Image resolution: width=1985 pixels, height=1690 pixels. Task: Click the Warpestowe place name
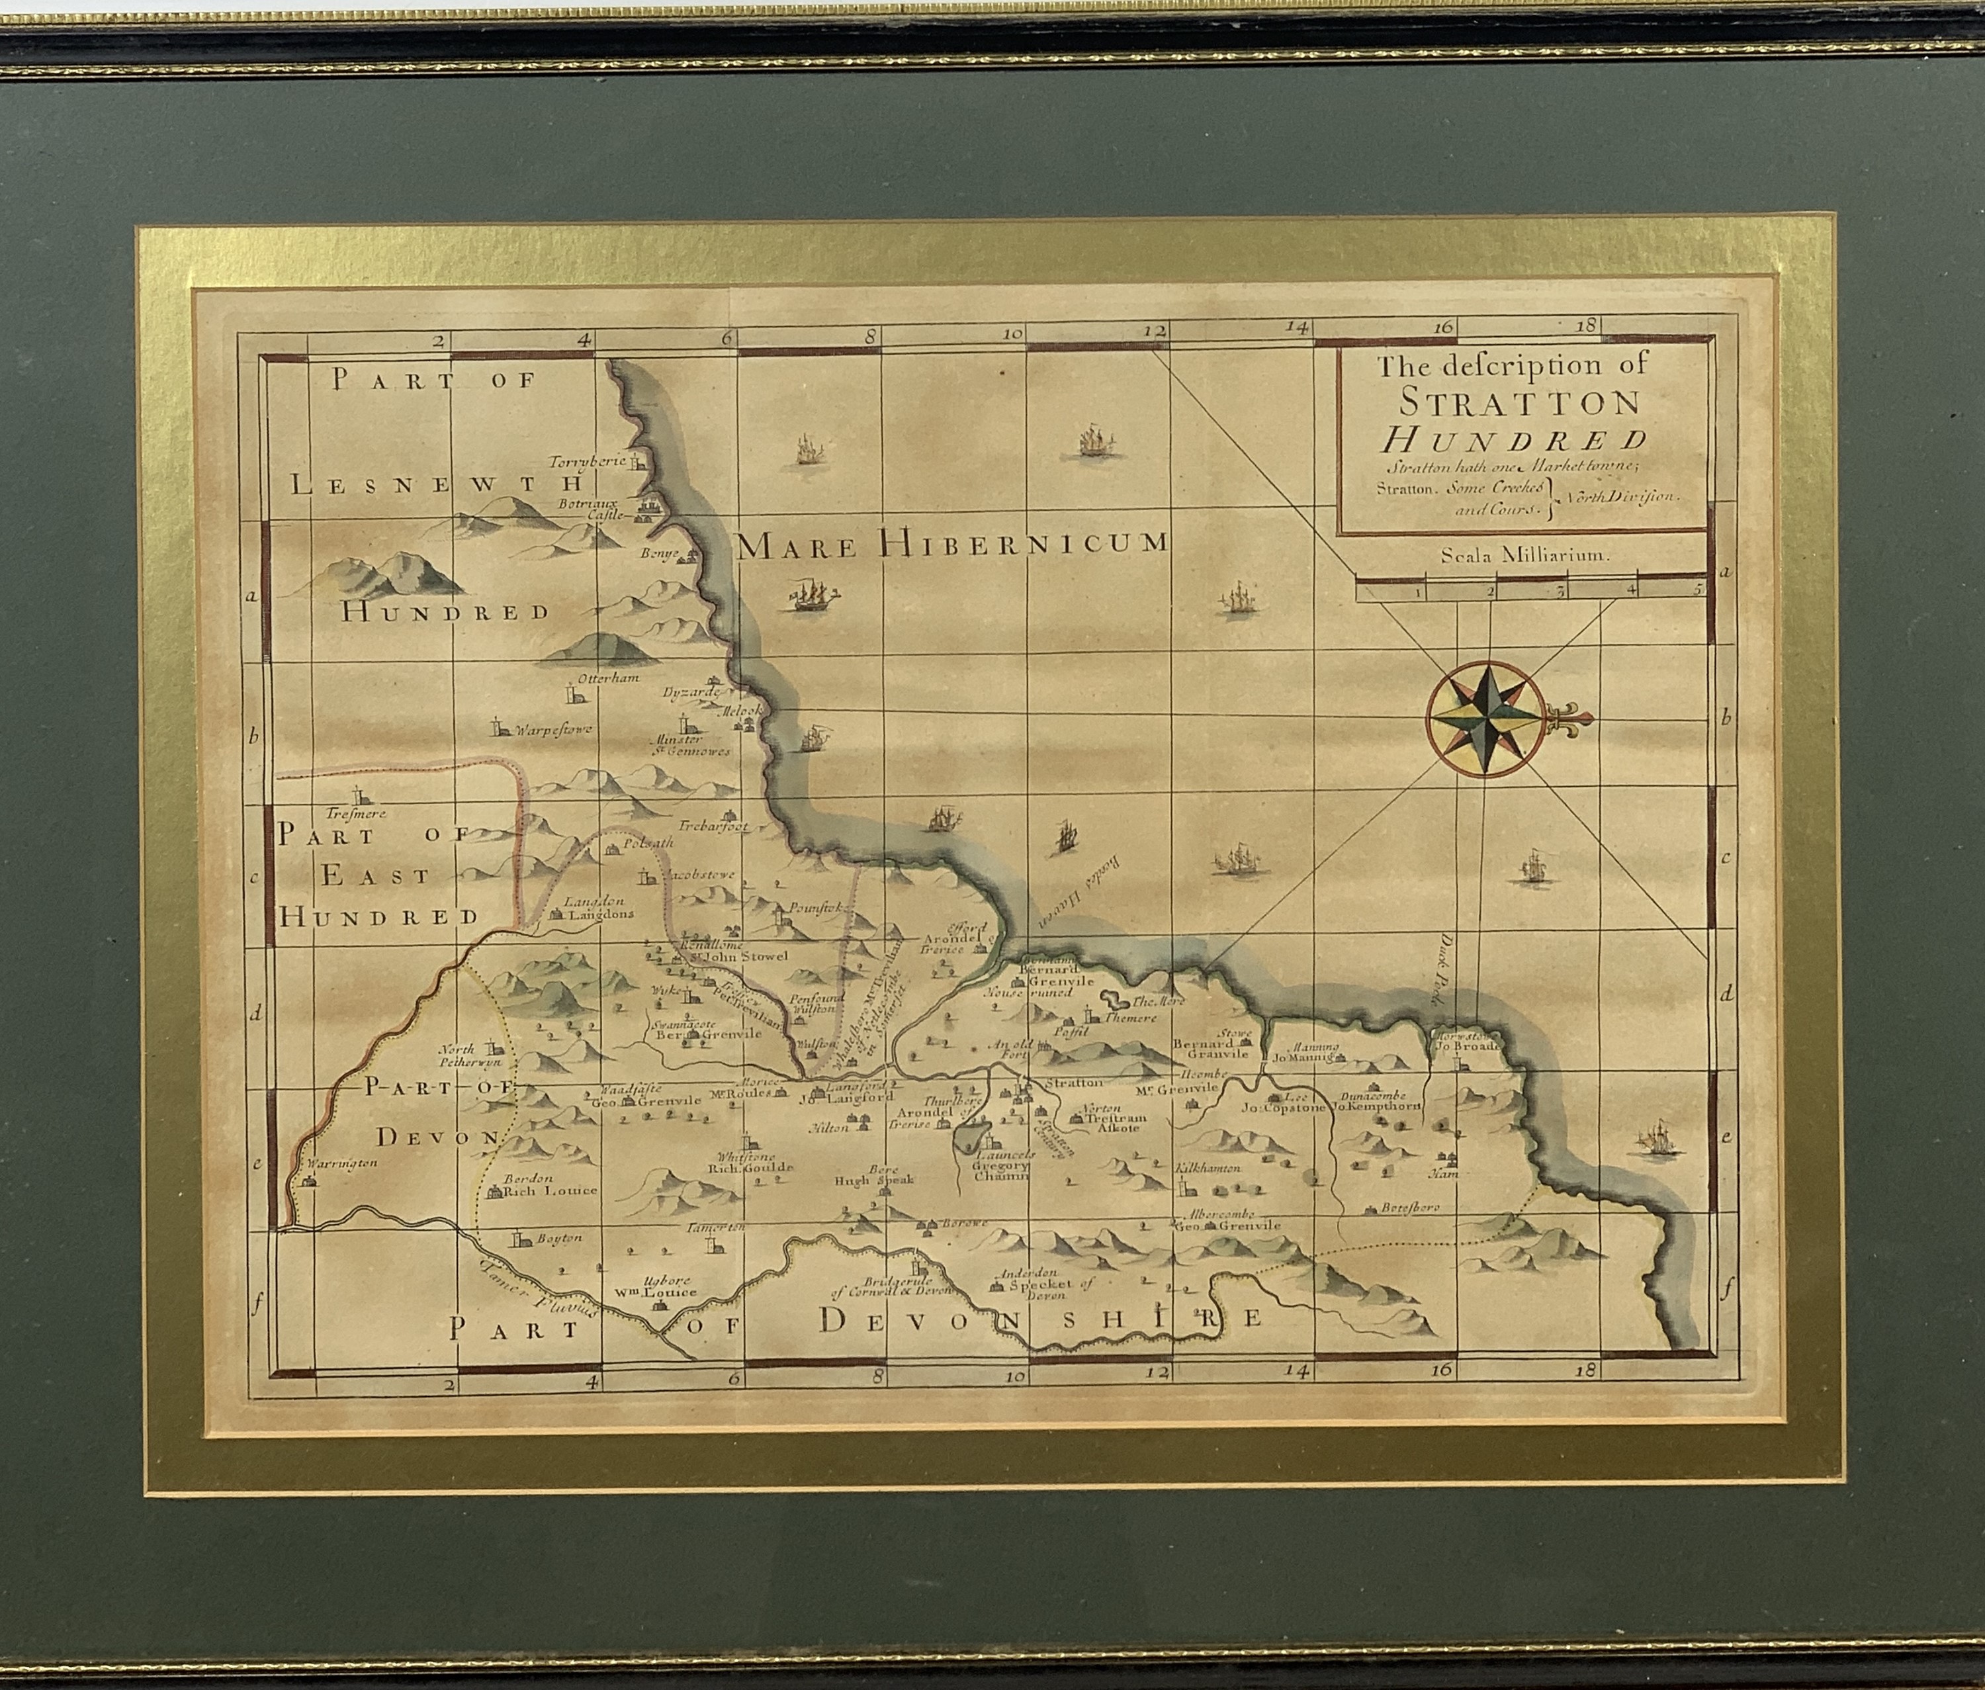click(x=554, y=730)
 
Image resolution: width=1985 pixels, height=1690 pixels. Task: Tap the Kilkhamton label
click(x=1209, y=1168)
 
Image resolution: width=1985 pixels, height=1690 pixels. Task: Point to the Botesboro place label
click(x=1409, y=1208)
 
